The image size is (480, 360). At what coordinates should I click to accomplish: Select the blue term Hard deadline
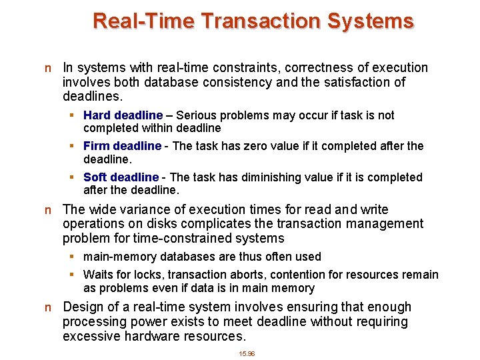tap(123, 115)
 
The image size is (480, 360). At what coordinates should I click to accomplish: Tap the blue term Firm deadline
tap(122, 146)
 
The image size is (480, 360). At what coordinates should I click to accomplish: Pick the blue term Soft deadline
tap(121, 177)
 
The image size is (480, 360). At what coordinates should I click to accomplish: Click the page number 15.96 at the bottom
tap(247, 353)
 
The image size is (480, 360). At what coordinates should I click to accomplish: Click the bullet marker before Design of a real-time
tap(47, 308)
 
